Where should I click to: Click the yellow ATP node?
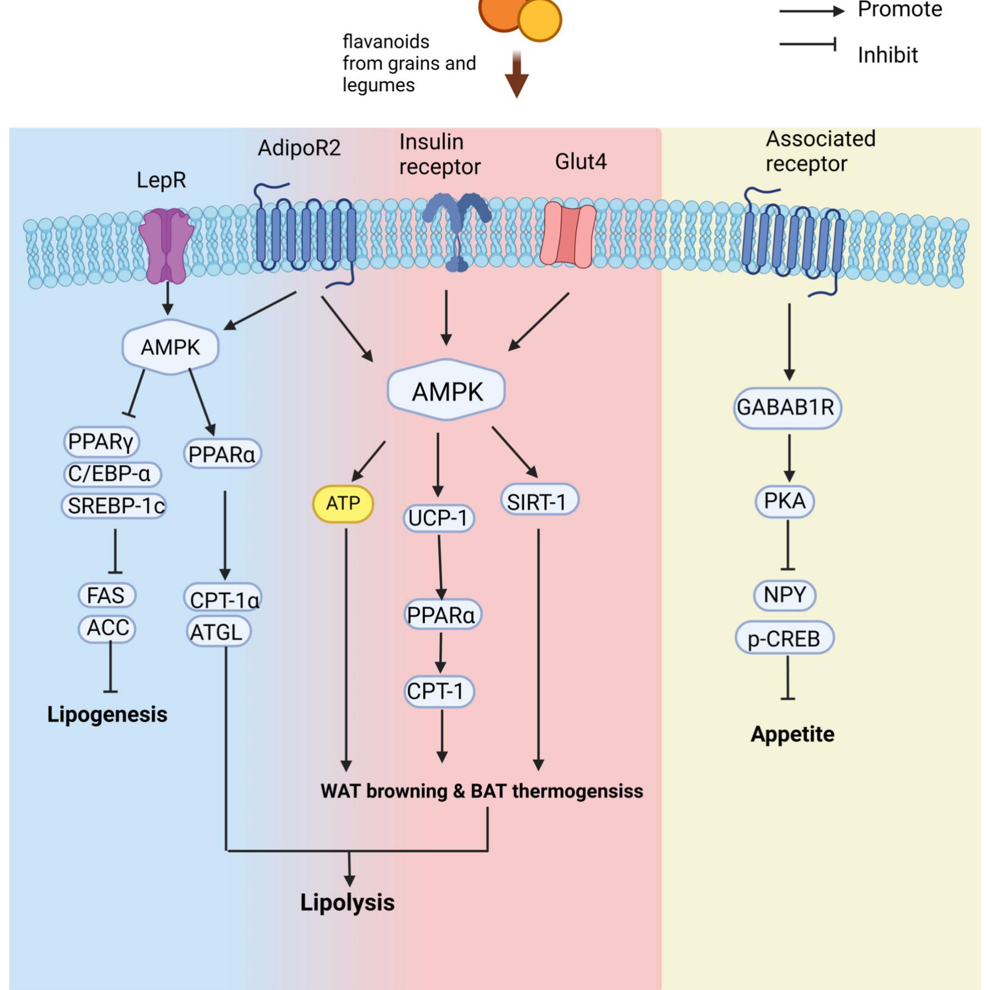click(x=343, y=503)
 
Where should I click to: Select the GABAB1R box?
click(x=786, y=408)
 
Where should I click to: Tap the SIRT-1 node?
click(x=539, y=501)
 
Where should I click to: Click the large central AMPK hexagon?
click(x=446, y=391)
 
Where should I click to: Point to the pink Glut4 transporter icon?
click(x=568, y=235)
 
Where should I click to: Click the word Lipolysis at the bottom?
click(x=347, y=903)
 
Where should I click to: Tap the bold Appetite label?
click(x=792, y=734)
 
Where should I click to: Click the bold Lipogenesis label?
click(x=107, y=715)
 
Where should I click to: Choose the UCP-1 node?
click(x=438, y=518)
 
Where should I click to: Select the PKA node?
click(x=785, y=501)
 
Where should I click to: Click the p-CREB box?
click(x=784, y=639)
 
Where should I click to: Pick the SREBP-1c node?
click(x=114, y=506)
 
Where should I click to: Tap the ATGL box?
click(x=218, y=632)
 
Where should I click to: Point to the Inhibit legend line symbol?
click(x=807, y=44)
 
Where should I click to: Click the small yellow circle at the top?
click(x=540, y=19)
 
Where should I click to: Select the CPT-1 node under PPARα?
click(x=438, y=691)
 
